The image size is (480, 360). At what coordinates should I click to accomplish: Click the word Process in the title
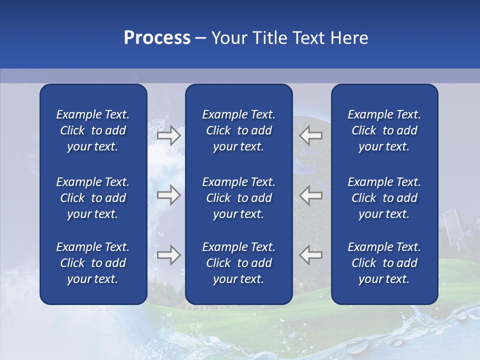tap(157, 38)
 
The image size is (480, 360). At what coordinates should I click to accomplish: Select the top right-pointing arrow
tap(169, 135)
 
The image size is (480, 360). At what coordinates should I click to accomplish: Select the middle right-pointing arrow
tap(169, 194)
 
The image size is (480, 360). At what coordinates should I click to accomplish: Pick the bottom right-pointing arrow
tap(169, 255)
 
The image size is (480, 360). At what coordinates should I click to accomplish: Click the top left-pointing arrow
tap(310, 135)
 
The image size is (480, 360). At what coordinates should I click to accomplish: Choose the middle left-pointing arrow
tap(310, 194)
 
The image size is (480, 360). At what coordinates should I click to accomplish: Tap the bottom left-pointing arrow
tap(310, 255)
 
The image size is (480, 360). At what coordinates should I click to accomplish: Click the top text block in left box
tap(93, 130)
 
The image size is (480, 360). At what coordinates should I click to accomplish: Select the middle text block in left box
tap(93, 198)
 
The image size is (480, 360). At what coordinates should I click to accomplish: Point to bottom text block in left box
tap(93, 263)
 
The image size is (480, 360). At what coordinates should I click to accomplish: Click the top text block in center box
tap(238, 130)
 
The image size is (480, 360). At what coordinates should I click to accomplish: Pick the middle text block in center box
tap(238, 198)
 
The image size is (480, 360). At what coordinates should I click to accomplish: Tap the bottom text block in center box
tap(238, 263)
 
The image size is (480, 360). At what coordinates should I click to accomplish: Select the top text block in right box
tap(384, 130)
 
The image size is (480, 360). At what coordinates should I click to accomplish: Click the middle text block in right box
tap(384, 198)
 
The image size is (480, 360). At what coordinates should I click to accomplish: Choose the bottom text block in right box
tap(384, 263)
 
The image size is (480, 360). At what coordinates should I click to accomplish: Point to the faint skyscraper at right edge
tap(452, 227)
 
